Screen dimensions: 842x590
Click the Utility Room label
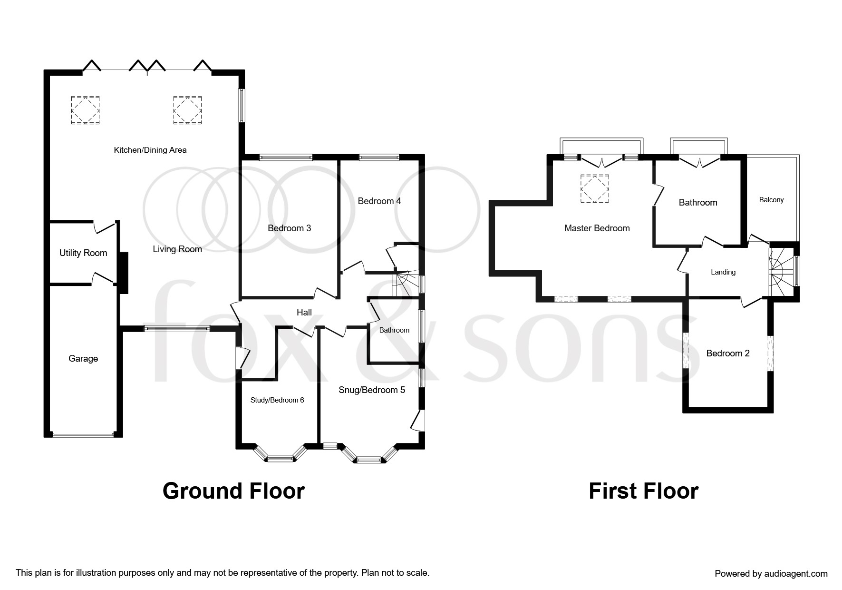coord(83,253)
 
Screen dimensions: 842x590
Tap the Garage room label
coord(83,359)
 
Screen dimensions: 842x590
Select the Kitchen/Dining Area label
coord(150,150)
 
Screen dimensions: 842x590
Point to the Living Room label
coord(177,249)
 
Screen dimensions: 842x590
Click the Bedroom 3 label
coord(290,228)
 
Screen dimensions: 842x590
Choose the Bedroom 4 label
coord(379,201)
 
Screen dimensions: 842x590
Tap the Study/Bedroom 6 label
coord(277,400)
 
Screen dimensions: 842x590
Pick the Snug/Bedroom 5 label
coord(372,390)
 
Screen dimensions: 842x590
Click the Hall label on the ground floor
coord(304,312)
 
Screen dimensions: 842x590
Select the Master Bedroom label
coord(597,228)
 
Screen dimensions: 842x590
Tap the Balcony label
coord(771,200)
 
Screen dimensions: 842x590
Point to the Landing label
coord(723,272)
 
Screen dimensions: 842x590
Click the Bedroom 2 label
coord(728,354)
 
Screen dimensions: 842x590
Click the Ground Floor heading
coord(233,491)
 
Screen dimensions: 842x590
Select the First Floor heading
coord(644,491)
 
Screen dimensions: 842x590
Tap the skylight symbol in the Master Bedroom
coord(594,189)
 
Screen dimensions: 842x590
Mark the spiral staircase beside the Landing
coord(781,272)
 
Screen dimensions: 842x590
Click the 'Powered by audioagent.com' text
coord(771,574)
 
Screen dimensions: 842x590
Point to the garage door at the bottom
coord(83,434)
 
